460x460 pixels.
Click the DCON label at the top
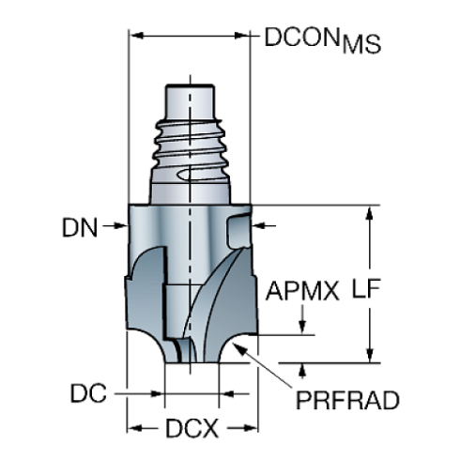(299, 37)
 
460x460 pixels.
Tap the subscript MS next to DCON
(362, 45)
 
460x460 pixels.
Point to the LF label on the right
(400, 290)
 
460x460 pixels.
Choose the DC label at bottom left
(91, 392)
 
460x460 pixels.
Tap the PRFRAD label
(347, 401)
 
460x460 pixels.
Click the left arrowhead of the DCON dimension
(134, 37)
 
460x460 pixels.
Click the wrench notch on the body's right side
(239, 230)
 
